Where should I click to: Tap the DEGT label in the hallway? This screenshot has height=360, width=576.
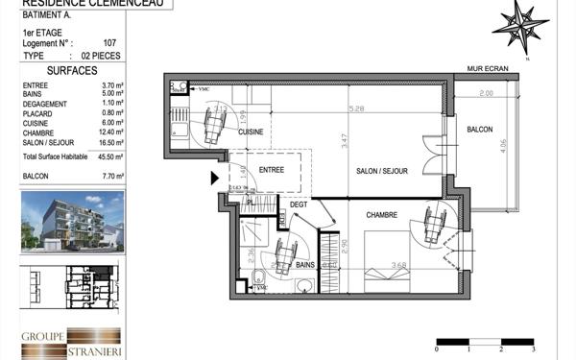[299, 203]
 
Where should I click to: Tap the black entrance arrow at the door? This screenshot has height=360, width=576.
[214, 177]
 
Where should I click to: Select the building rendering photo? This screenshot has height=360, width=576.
[72, 224]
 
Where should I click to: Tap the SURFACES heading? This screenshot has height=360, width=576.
[72, 71]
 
